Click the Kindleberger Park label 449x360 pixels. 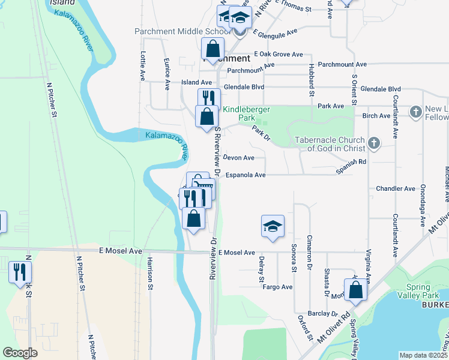[247, 114]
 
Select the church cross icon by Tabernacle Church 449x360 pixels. [374, 143]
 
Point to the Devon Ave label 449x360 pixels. [239, 158]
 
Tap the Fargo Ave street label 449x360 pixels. [277, 287]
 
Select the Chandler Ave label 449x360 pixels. [396, 188]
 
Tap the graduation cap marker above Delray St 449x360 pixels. [273, 226]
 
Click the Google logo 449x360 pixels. [20, 353]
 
